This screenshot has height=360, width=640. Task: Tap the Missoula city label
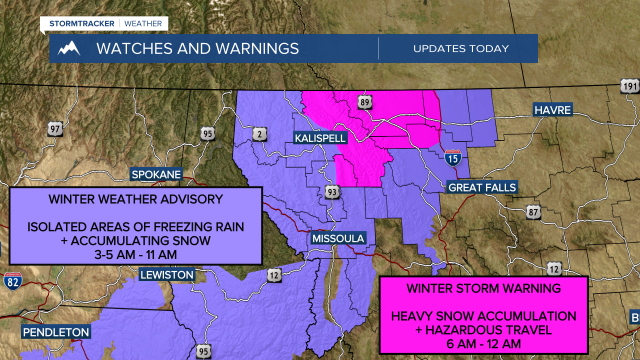pyautogui.click(x=338, y=238)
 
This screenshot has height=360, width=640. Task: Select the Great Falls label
pyautogui.click(x=482, y=187)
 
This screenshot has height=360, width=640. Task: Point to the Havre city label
pyautogui.click(x=552, y=110)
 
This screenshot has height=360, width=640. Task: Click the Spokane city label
pyautogui.click(x=155, y=175)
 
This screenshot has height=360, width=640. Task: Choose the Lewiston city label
pyautogui.click(x=166, y=274)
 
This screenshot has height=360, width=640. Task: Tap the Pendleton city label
pyautogui.click(x=56, y=332)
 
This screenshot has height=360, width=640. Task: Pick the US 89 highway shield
pyautogui.click(x=365, y=103)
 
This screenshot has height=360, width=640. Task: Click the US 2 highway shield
pyautogui.click(x=259, y=133)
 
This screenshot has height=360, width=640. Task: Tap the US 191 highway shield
pyautogui.click(x=629, y=85)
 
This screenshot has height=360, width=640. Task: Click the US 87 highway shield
pyautogui.click(x=533, y=213)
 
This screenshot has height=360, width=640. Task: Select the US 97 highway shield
pyautogui.click(x=55, y=129)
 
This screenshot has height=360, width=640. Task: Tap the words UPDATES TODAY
pyautogui.click(x=460, y=48)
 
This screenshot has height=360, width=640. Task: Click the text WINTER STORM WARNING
pyautogui.click(x=483, y=288)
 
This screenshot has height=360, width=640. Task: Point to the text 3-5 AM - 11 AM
pyautogui.click(x=135, y=254)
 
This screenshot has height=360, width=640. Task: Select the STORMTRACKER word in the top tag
pyautogui.click(x=81, y=23)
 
